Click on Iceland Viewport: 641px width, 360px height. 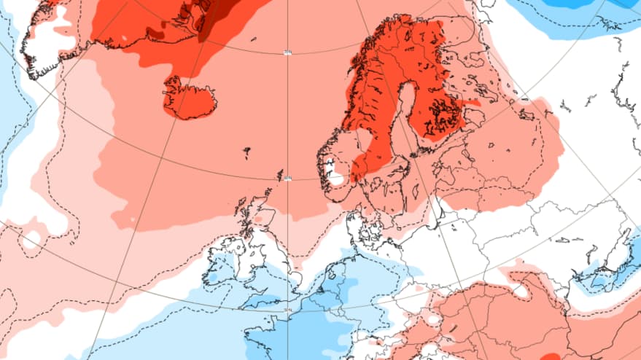coord(190,99)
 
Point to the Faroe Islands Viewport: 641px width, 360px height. coord(247,153)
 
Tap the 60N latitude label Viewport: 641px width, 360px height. coord(287,177)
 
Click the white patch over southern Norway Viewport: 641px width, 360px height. coord(337,176)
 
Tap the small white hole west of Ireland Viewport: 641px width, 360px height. coord(31,240)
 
